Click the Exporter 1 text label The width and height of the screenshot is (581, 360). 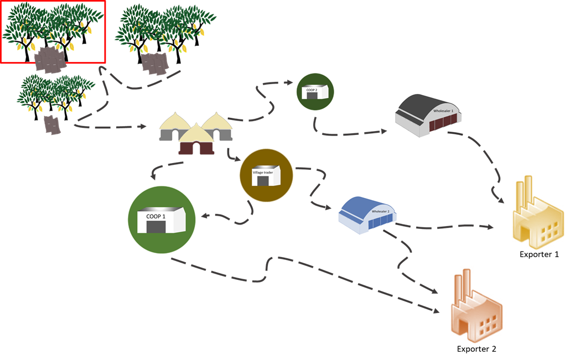coord(539,254)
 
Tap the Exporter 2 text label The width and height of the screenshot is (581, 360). coord(476,349)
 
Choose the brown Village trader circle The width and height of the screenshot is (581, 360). coord(266,175)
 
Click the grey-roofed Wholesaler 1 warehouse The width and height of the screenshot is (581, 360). coord(430,116)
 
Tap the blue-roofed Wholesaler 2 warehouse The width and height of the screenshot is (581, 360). coord(367,212)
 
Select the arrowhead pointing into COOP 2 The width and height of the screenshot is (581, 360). coord(289,83)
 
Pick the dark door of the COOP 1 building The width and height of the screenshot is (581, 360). coord(156,227)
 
